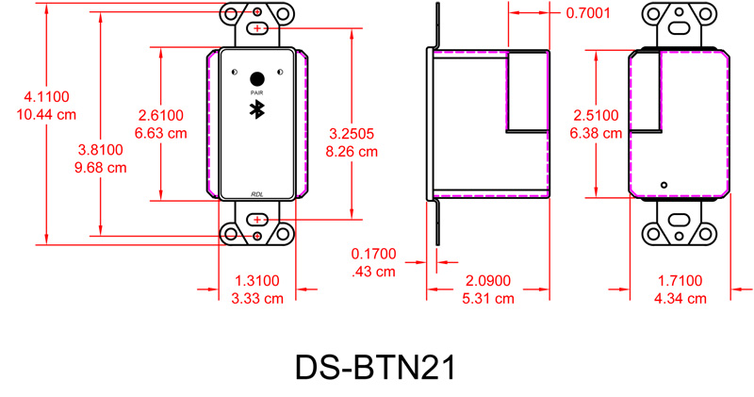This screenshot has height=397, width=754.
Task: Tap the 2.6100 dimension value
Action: coord(161,115)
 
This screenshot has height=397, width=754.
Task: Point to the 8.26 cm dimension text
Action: coord(352,151)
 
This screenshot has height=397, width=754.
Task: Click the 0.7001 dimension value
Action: coord(589,13)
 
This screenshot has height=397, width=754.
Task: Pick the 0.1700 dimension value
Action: coord(373,254)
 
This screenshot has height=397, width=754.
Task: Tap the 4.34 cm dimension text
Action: coord(679,298)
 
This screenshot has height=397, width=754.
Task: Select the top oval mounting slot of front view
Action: coord(257,29)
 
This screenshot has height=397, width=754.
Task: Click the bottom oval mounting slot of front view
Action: coord(257,220)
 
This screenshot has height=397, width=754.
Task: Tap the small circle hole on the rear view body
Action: coord(664,184)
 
